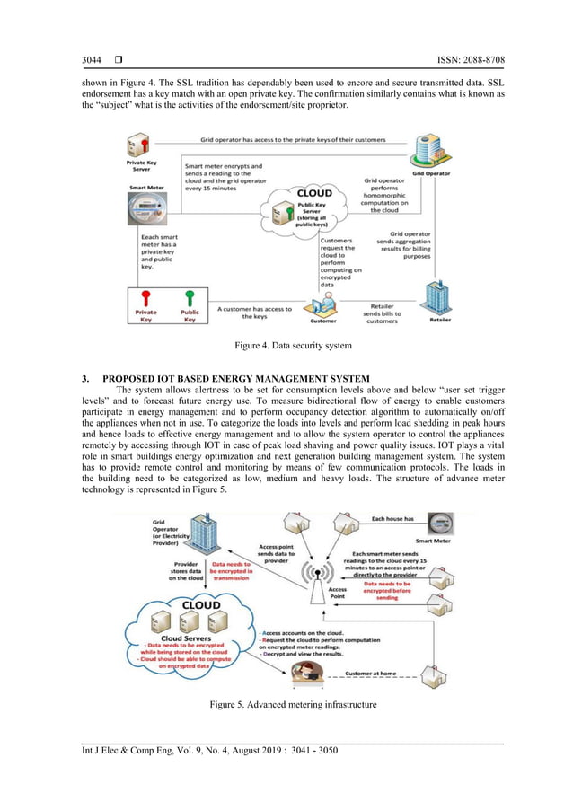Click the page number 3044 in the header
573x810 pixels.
pos(93,60)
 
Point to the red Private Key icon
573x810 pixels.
pos(145,297)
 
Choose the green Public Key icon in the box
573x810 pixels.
pos(190,297)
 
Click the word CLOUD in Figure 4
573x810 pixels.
pos(315,192)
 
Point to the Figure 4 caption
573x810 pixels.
pos(286,345)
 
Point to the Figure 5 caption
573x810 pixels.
pos(286,706)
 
